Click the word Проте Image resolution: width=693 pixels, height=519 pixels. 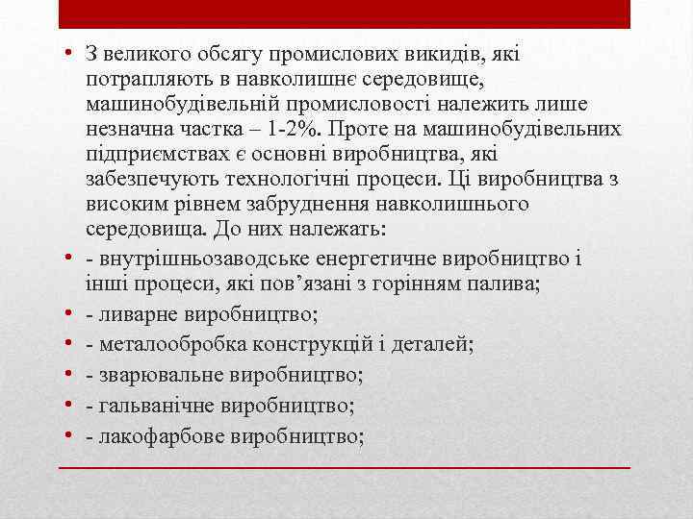(436, 129)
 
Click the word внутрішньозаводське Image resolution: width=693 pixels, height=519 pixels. (183, 259)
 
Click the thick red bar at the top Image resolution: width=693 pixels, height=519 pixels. (345, 14)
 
